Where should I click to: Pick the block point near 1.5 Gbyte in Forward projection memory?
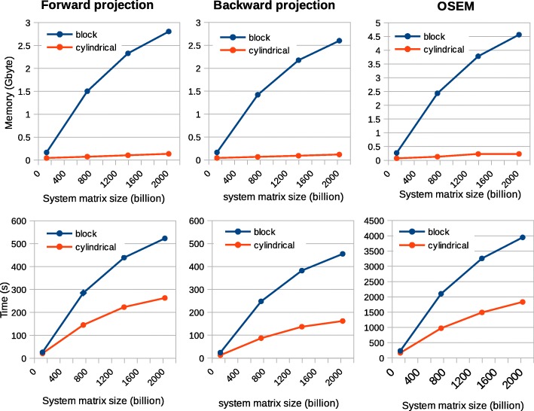pos(87,91)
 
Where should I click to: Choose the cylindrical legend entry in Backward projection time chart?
pos(280,245)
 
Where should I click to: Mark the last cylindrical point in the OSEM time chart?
pos(521,302)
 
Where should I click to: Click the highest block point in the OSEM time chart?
pos(521,237)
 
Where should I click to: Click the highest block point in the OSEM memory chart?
pos(518,35)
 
